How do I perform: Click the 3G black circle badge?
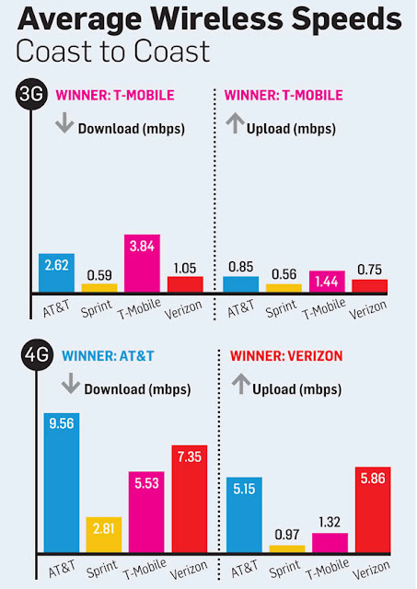click(x=32, y=95)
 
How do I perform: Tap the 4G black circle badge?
click(x=32, y=355)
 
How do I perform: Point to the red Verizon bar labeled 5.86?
click(x=372, y=510)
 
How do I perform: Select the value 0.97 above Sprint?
click(x=287, y=535)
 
